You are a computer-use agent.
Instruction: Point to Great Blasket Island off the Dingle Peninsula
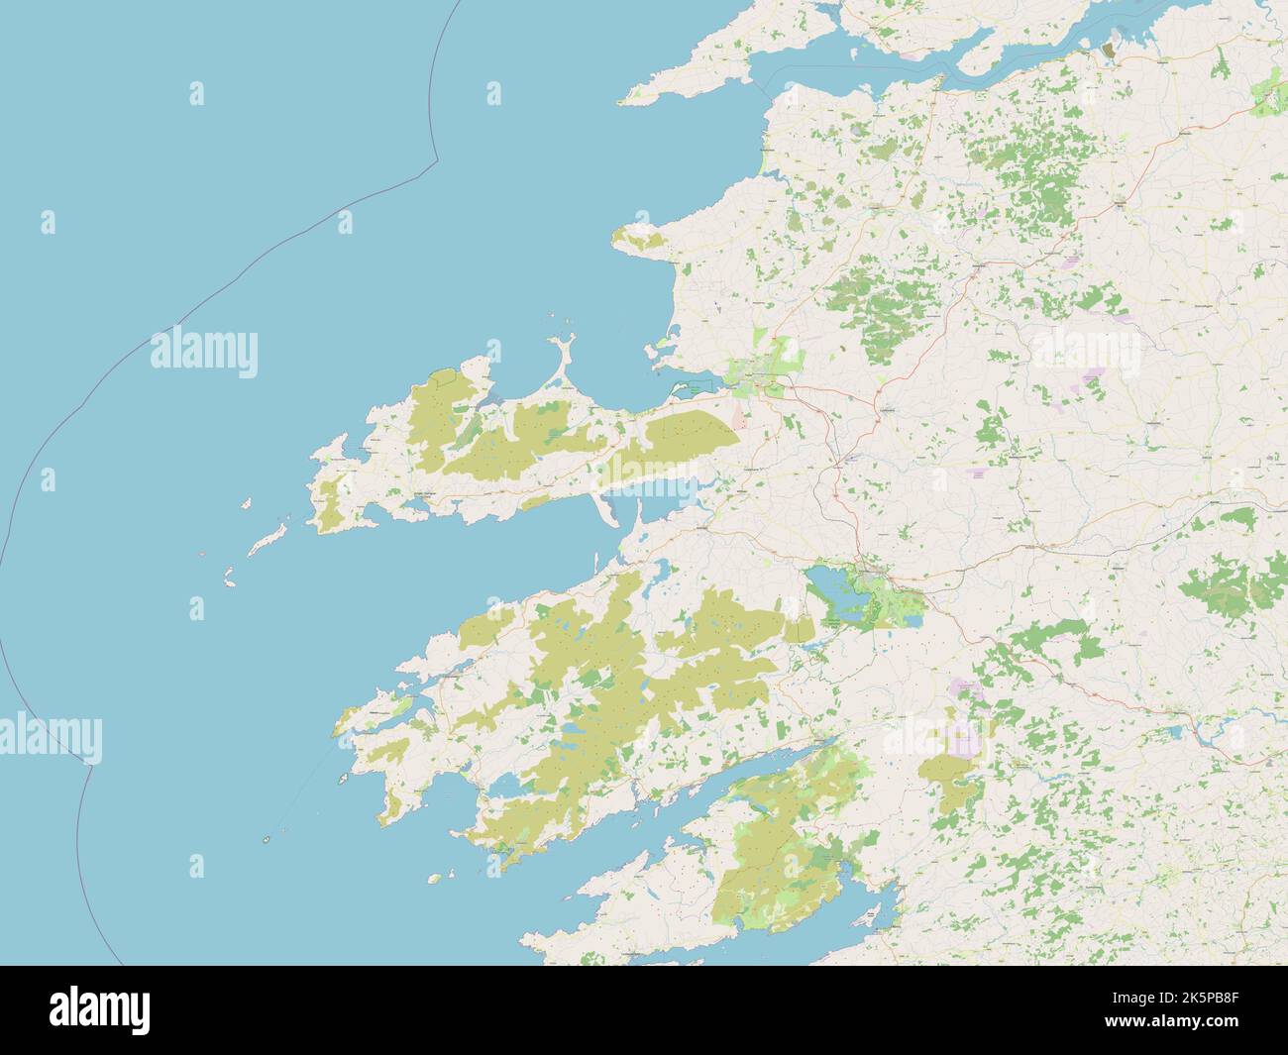(x=268, y=538)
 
